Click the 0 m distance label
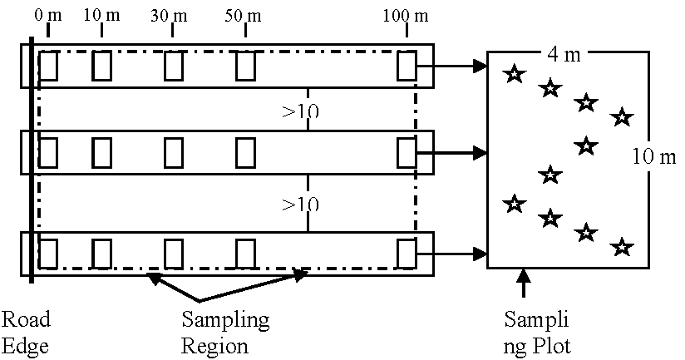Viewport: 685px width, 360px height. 49,17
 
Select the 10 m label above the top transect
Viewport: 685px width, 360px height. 101,17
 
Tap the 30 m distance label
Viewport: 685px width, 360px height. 172,17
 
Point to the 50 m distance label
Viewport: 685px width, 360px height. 245,17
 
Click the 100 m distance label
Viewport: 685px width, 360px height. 407,17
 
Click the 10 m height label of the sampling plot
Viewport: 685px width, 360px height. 654,156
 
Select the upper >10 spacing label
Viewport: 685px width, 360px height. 301,111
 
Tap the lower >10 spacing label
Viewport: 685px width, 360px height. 301,204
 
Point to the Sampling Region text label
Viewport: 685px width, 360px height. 225,332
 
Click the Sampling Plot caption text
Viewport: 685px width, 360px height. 538,332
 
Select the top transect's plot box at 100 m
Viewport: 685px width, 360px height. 407,65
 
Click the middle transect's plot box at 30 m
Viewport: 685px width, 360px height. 173,153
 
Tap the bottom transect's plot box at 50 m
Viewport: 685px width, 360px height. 245,253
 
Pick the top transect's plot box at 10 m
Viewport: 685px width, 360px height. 101,65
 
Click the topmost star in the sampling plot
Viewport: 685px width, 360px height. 515,74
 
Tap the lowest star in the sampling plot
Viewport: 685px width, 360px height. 621,248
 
